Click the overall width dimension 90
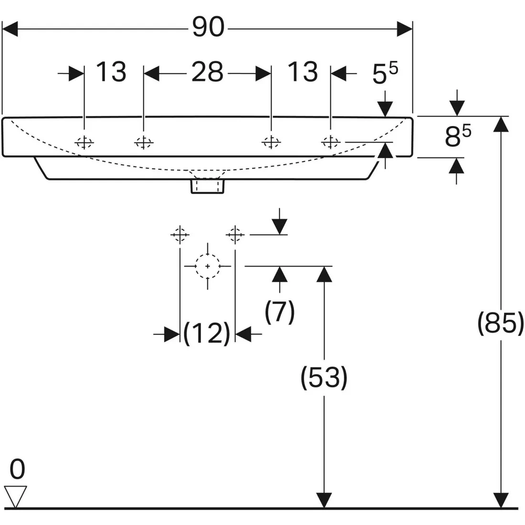click(x=208, y=28)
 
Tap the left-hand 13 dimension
click(x=111, y=73)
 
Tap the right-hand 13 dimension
click(x=302, y=73)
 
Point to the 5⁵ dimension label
click(x=385, y=74)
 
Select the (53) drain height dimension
click(x=324, y=378)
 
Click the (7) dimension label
click(x=280, y=312)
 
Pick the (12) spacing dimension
click(x=207, y=333)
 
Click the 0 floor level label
click(x=17, y=470)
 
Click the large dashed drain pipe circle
click(x=208, y=266)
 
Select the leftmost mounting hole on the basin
click(x=84, y=142)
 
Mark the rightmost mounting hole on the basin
click(x=330, y=142)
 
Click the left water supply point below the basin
click(x=179, y=235)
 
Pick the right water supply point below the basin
click(x=234, y=235)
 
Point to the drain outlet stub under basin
click(x=208, y=186)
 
